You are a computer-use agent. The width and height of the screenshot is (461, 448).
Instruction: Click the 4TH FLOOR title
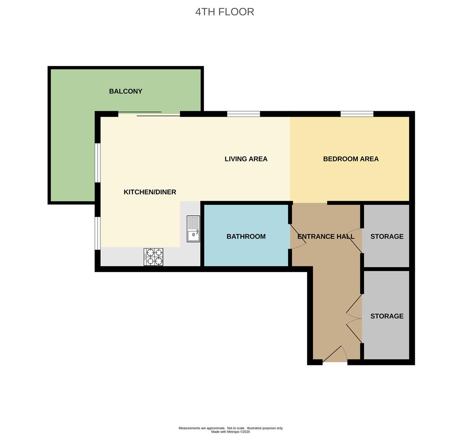225,12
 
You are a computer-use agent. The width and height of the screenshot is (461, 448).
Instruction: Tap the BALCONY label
126,91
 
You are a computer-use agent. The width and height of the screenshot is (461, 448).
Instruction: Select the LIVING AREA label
246,159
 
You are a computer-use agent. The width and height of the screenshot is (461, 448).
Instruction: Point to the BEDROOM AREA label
351,159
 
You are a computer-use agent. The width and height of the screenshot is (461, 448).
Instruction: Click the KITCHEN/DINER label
150,192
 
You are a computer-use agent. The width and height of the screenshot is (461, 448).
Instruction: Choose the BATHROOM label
246,236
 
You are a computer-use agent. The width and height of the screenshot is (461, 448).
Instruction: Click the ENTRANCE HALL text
326,236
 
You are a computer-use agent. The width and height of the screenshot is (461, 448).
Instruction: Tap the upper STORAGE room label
387,236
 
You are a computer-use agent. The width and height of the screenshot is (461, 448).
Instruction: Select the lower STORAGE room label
387,316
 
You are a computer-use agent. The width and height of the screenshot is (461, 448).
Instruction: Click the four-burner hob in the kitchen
153,257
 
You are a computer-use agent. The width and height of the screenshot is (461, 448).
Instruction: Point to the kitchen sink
193,229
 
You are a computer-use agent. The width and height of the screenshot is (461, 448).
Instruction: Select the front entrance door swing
335,354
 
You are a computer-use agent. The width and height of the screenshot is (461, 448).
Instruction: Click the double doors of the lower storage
354,319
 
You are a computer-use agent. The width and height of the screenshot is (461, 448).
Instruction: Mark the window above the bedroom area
357,114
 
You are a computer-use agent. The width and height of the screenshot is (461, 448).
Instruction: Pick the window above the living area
244,114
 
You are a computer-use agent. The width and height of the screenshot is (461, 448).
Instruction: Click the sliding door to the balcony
149,114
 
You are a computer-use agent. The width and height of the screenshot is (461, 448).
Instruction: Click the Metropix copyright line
230,432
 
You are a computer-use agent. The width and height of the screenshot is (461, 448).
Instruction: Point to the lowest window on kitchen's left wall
97,233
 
